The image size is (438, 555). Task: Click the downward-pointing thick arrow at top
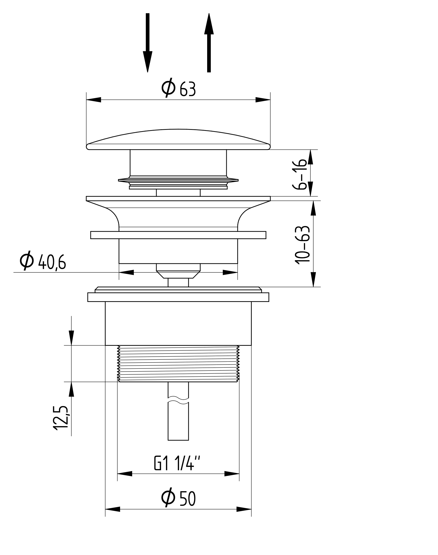point(147,43)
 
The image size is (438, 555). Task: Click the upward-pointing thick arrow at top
point(209,43)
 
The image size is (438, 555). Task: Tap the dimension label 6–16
point(300,174)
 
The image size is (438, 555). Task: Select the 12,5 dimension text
point(61,418)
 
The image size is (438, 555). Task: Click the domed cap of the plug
point(178,140)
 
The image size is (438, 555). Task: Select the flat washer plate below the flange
point(178,235)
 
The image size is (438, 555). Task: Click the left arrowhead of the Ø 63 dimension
point(93,100)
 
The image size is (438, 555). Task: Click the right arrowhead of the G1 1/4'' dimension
point(232,474)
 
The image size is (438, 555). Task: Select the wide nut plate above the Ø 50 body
point(178,297)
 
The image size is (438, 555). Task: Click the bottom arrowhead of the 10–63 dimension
point(313,280)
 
